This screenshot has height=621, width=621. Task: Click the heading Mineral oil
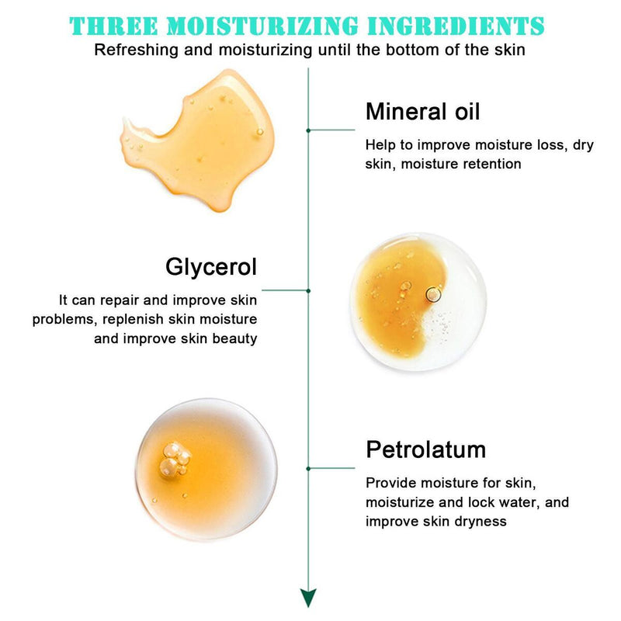pyautogui.click(x=423, y=112)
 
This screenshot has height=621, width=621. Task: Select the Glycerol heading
pyautogui.click(x=210, y=268)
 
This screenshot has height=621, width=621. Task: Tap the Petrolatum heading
pyautogui.click(x=425, y=449)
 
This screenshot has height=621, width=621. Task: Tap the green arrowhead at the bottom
pyautogui.click(x=309, y=597)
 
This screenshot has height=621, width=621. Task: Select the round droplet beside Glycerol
pyautogui.click(x=417, y=302)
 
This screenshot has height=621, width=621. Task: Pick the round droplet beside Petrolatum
pyautogui.click(x=206, y=463)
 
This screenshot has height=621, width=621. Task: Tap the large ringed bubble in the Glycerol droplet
pyautogui.click(x=433, y=294)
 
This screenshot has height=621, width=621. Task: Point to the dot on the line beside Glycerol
pyautogui.click(x=309, y=290)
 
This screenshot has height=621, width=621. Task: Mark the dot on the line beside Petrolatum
pyautogui.click(x=309, y=468)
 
